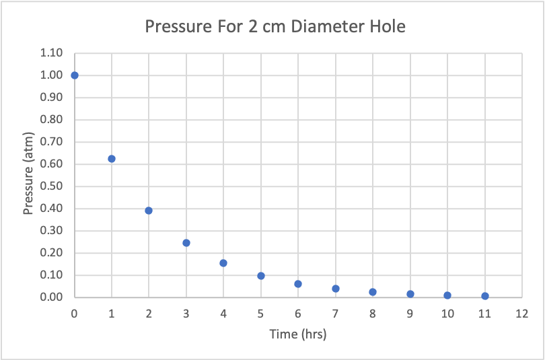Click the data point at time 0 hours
pyautogui.click(x=75, y=75)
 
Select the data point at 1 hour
pyautogui.click(x=112, y=159)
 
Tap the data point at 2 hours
pyautogui.click(x=149, y=211)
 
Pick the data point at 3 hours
pyautogui.click(x=186, y=243)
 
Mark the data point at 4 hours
pyautogui.click(x=223, y=263)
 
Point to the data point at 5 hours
pyautogui.click(x=261, y=276)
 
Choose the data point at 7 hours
pyautogui.click(x=336, y=289)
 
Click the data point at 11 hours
pyautogui.click(x=485, y=296)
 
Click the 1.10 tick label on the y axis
pyautogui.click(x=51, y=53)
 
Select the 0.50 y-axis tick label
pyautogui.click(x=51, y=186)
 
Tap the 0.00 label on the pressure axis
pyautogui.click(x=51, y=297)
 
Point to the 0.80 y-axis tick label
pyautogui.click(x=51, y=120)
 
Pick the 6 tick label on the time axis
pyautogui.click(x=298, y=313)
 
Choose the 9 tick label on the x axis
pyautogui.click(x=410, y=313)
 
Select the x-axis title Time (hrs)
pyautogui.click(x=298, y=334)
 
